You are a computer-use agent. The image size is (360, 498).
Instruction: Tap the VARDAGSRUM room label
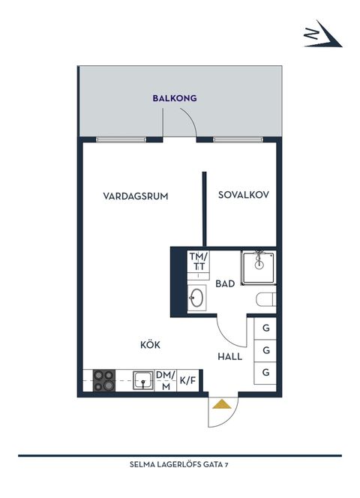click(x=135, y=196)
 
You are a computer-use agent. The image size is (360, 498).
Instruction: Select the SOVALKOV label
click(x=244, y=195)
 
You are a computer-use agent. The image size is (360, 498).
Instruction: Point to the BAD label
click(x=225, y=284)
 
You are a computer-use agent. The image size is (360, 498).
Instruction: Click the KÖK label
click(x=150, y=345)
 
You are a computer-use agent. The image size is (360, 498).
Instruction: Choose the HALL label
click(x=230, y=356)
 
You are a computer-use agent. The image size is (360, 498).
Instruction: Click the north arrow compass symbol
click(x=322, y=34)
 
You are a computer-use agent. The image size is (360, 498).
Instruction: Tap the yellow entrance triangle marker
click(x=221, y=405)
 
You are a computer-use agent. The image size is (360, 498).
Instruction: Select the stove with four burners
click(x=103, y=379)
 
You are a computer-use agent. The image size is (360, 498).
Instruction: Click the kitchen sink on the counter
click(x=142, y=379)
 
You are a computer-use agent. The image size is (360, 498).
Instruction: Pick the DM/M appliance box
click(x=165, y=380)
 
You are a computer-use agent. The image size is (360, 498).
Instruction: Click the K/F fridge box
click(x=187, y=380)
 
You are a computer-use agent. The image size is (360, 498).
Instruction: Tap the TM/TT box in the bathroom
click(x=199, y=262)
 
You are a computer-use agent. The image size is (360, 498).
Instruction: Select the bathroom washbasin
click(x=198, y=298)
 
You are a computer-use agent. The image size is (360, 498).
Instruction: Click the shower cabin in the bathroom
click(x=259, y=266)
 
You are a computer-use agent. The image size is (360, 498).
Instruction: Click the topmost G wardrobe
click(x=266, y=328)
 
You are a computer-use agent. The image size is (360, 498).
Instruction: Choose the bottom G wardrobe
click(x=266, y=372)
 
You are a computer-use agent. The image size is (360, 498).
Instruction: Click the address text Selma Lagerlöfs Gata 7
click(x=179, y=464)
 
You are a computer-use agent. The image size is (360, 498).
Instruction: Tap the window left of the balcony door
click(x=119, y=139)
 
